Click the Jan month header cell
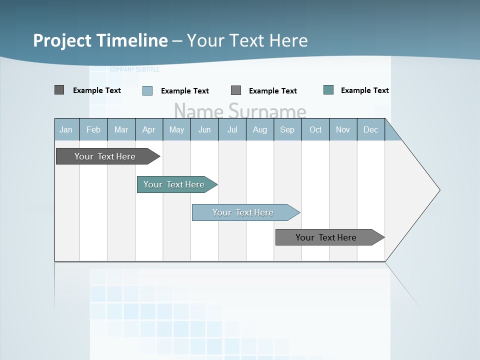pyautogui.click(x=66, y=129)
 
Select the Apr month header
pyautogui.click(x=149, y=129)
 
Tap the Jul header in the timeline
pyautogui.click(x=232, y=129)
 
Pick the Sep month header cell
pyautogui.click(x=287, y=129)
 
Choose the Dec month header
pyautogui.click(x=370, y=129)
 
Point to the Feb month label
pyautogui.click(x=93, y=129)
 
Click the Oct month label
pyautogui.click(x=315, y=129)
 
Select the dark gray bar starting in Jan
pyautogui.click(x=105, y=156)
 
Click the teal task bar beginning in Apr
pyautogui.click(x=174, y=184)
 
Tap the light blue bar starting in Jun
pyautogui.click(x=243, y=212)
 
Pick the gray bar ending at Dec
pyautogui.click(x=326, y=237)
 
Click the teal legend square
pyautogui.click(x=328, y=90)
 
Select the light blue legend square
pyautogui.click(x=147, y=90)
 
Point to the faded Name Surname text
pyautogui.click(x=240, y=110)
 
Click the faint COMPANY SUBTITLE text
pyautogui.click(x=134, y=69)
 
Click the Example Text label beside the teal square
pyautogui.click(x=364, y=90)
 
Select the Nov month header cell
pyautogui.click(x=343, y=129)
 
